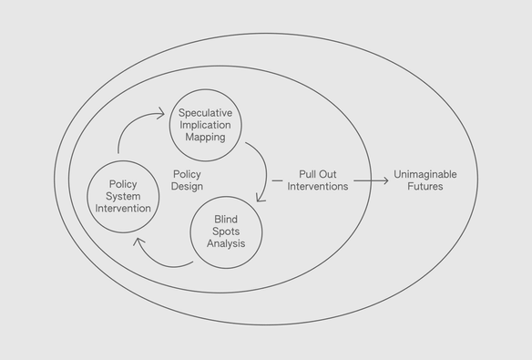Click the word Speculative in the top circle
(205, 113)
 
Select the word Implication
(205, 125)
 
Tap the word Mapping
(205, 138)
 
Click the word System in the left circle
(123, 197)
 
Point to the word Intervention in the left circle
(123, 209)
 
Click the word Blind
(226, 219)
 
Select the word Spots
(226, 231)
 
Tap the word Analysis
(226, 243)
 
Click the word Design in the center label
(187, 186)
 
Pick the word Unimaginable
(425, 174)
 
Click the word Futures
(425, 186)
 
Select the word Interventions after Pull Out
(318, 186)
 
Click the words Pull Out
(318, 174)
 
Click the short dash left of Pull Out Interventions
(277, 180)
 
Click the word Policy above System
(123, 184)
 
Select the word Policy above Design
(187, 174)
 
